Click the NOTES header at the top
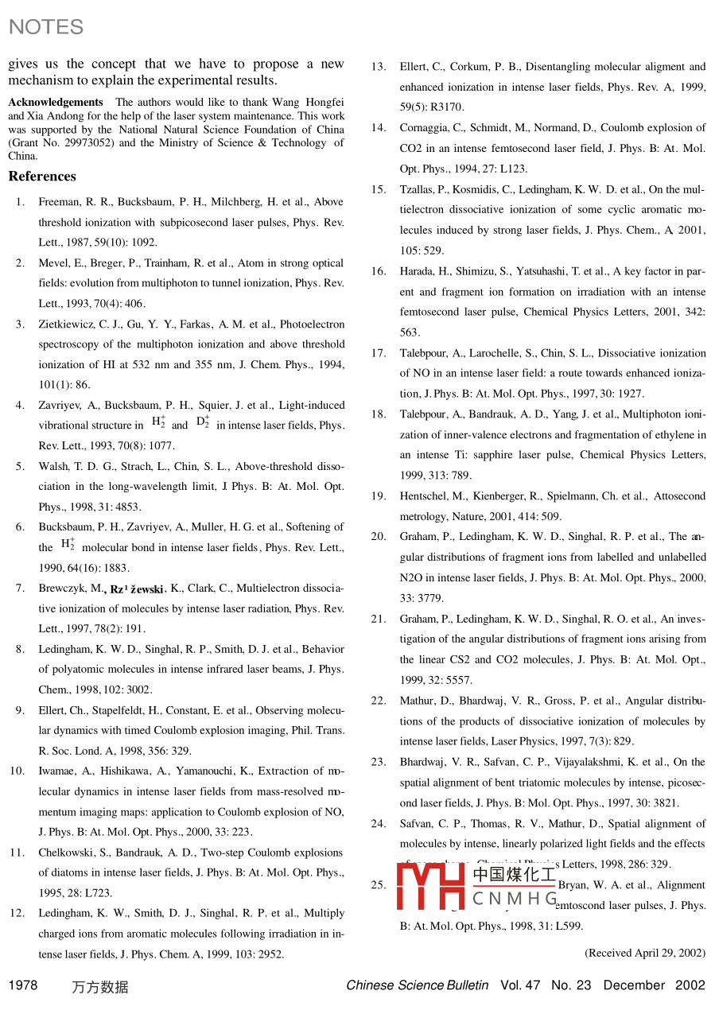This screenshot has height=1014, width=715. pyautogui.click(x=45, y=27)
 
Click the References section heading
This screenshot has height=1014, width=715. pyautogui.click(x=42, y=177)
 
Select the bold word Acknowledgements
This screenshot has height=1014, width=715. pyautogui.click(x=56, y=102)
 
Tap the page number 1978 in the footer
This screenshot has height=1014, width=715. pyautogui.click(x=23, y=985)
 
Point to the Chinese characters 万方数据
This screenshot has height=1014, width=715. pyautogui.click(x=99, y=987)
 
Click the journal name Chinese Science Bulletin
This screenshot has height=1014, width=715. pyautogui.click(x=418, y=985)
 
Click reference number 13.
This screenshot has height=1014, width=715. pyautogui.click(x=379, y=66)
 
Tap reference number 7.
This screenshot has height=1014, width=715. pyautogui.click(x=20, y=589)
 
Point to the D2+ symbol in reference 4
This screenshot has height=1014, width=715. pyautogui.click(x=203, y=424)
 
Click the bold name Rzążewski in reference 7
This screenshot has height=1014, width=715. pyautogui.click(x=137, y=589)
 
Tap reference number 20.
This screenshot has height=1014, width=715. pyautogui.click(x=379, y=536)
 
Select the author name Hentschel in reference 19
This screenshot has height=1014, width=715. pyautogui.click(x=425, y=496)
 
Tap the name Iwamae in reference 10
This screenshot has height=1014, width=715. pyautogui.click(x=56, y=771)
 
